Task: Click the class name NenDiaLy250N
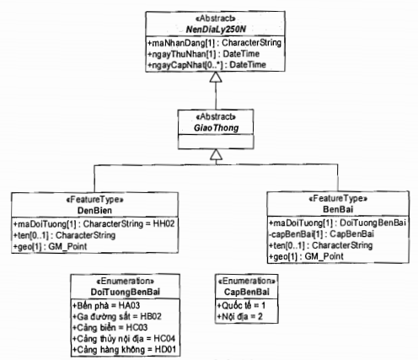tap(216, 30)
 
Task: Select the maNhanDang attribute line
tap(214, 43)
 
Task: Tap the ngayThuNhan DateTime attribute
tap(203, 54)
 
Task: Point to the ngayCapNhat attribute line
tap(206, 65)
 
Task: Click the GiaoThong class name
tap(216, 128)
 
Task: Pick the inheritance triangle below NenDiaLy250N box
tap(216, 77)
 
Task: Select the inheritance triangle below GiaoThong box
tap(216, 154)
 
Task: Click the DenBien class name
tap(94, 210)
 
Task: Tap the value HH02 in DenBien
tap(163, 223)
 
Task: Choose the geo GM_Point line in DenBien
tap(51, 246)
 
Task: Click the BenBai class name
tap(338, 209)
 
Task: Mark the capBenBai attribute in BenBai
tap(321, 234)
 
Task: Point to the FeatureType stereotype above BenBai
tap(338, 199)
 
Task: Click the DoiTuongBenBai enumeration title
tap(126, 292)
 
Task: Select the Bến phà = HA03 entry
tap(106, 305)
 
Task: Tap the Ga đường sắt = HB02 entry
tap(117, 316)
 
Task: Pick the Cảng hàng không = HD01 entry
tap(125, 350)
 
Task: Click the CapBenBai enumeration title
tap(247, 292)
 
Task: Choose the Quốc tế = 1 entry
tap(241, 305)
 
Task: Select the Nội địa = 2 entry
tap(240, 316)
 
